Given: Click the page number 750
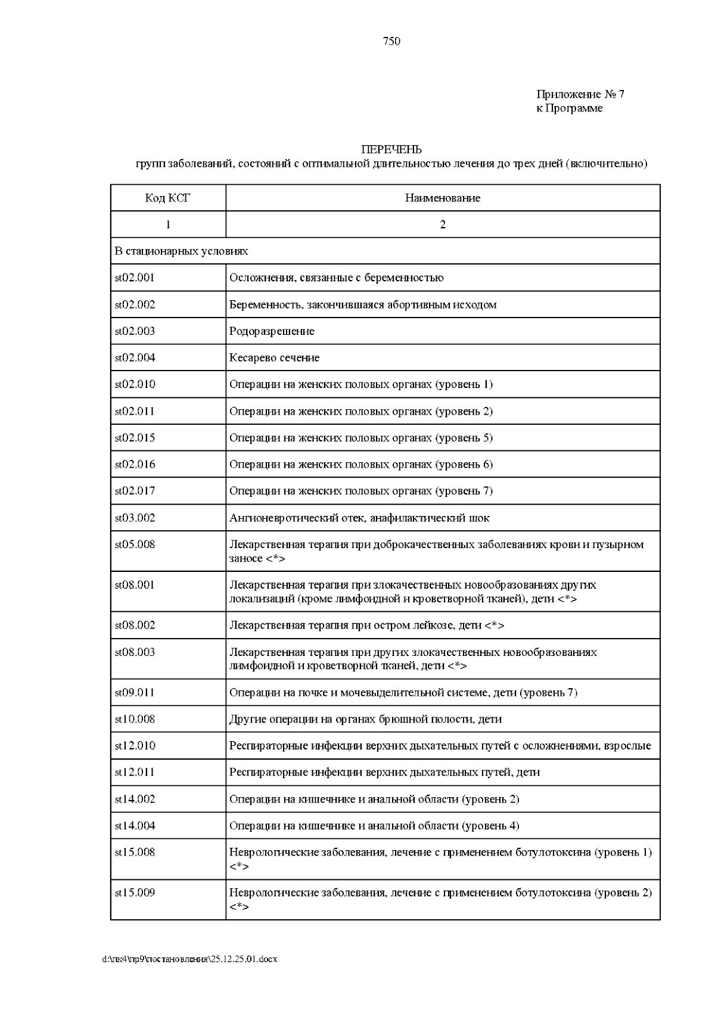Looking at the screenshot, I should (391, 41).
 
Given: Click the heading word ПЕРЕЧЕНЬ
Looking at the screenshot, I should (391, 149).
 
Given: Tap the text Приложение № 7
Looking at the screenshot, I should (580, 94).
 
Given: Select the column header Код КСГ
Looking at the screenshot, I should (167, 198).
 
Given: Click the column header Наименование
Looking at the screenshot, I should (442, 198).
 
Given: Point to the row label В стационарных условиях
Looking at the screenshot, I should (181, 251).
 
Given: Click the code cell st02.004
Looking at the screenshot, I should (135, 357).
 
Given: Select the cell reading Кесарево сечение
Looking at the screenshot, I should (274, 357).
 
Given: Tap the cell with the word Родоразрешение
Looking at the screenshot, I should (272, 331).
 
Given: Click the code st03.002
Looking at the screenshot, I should (135, 518).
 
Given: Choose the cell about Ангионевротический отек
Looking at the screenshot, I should (359, 518).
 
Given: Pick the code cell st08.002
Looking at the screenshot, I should (135, 625).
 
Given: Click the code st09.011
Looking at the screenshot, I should (135, 692).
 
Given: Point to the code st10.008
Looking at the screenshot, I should (135, 719).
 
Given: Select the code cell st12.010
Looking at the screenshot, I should (135, 745).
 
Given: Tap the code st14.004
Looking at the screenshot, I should (135, 826).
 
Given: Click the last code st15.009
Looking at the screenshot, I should (135, 892).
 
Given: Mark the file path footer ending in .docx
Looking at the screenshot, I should (190, 959).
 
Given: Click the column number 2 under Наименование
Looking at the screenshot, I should (442, 225).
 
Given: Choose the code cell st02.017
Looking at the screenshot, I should (135, 491).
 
